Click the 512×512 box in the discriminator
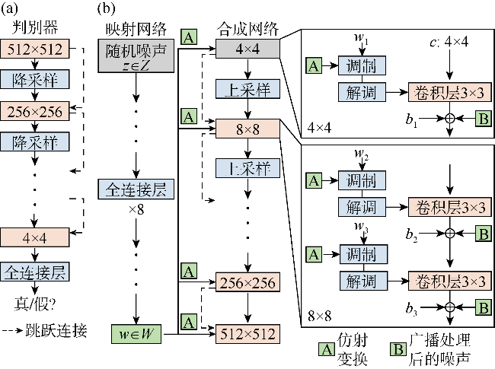click(x=32, y=49)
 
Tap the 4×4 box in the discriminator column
click(x=32, y=237)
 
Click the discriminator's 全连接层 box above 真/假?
click(x=32, y=271)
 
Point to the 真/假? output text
click(x=32, y=302)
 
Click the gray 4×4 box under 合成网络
click(x=247, y=49)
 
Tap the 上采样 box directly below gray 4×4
click(x=247, y=90)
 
